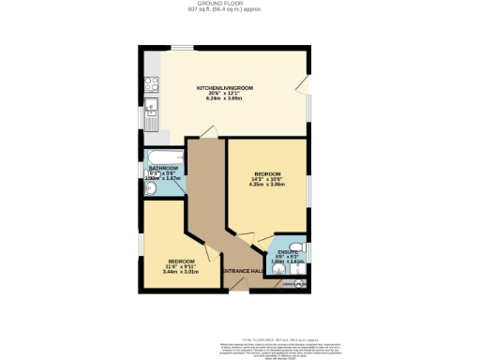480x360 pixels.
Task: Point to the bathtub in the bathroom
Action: [165, 157]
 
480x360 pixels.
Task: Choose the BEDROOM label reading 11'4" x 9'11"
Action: [181, 261]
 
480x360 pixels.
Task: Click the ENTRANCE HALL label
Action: [242, 271]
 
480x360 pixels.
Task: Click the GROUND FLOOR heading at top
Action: [238, 5]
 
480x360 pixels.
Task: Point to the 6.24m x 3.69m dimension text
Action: [225, 99]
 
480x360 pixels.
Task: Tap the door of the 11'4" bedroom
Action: [213, 252]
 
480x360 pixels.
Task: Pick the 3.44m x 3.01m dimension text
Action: [181, 271]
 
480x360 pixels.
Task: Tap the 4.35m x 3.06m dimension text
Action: [267, 184]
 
